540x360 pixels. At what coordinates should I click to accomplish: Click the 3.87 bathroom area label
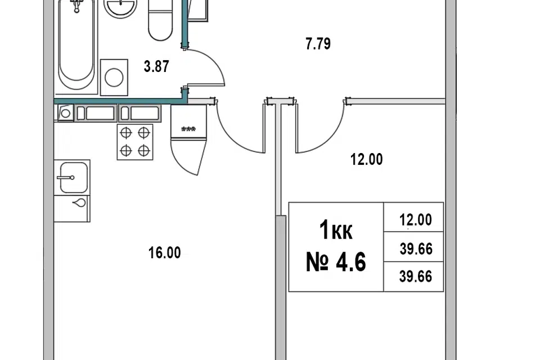click(x=156, y=66)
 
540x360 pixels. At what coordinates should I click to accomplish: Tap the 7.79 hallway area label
click(x=318, y=44)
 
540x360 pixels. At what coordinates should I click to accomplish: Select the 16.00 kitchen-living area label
click(x=164, y=253)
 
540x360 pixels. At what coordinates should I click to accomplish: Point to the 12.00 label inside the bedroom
click(x=366, y=160)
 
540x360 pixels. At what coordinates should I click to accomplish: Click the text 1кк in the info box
click(x=336, y=230)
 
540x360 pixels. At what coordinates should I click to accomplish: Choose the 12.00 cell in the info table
click(x=415, y=220)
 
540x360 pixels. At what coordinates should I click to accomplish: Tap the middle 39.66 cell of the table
click(x=416, y=249)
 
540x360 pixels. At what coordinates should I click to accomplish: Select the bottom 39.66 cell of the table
click(x=415, y=277)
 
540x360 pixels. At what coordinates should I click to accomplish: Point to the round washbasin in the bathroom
click(x=120, y=7)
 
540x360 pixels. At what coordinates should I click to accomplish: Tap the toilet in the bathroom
click(x=160, y=20)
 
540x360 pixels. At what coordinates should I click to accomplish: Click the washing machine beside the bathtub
click(x=114, y=77)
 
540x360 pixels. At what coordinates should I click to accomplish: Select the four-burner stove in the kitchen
click(x=135, y=142)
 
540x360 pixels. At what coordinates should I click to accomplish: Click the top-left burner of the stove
click(x=126, y=132)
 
